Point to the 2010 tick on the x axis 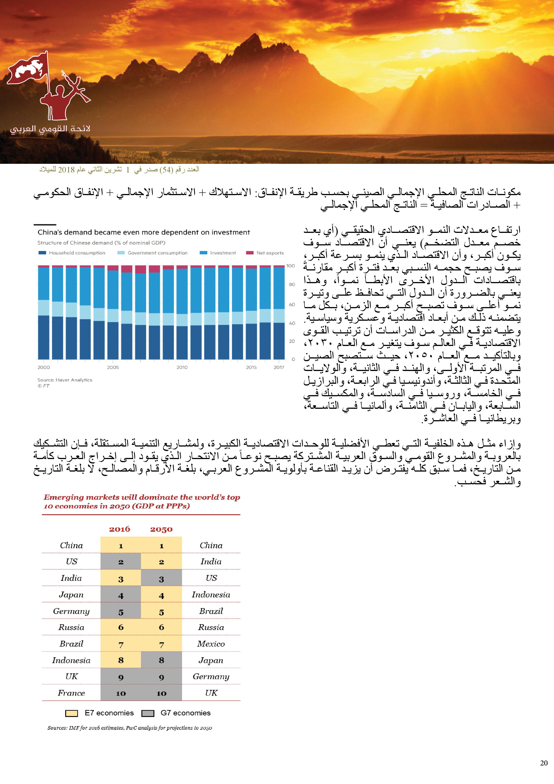[182, 367]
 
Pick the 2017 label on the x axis [279, 367]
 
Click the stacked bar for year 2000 [43, 312]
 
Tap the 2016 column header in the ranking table [120, 529]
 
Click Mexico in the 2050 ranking [211, 644]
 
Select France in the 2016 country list [71, 693]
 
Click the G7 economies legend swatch [147, 713]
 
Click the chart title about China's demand [144, 232]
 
